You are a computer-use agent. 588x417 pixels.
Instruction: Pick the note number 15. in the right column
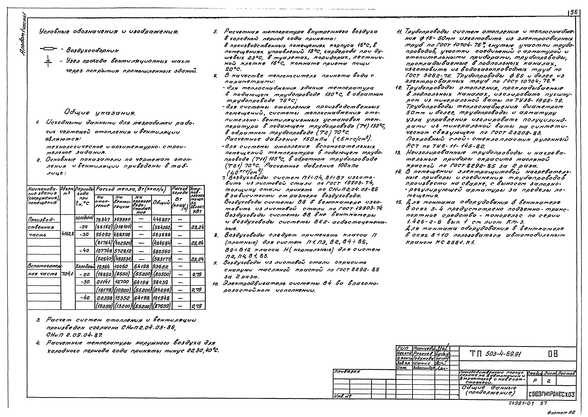click(x=399, y=202)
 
